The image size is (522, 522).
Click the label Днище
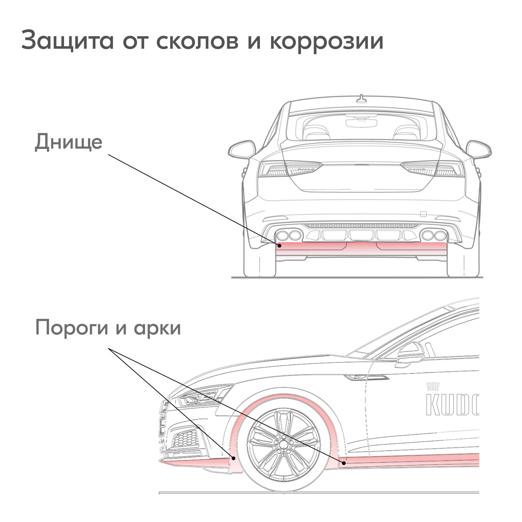point(69,142)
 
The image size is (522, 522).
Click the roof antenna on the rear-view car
point(362,99)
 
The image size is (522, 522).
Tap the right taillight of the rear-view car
point(433,169)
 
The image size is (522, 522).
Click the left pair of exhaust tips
point(288,235)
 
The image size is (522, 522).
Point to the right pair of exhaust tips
point(434,235)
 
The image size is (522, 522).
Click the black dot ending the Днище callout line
point(279,246)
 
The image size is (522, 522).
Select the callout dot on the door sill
point(344,463)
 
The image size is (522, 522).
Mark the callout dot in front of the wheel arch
point(234,458)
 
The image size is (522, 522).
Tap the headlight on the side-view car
point(202,396)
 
